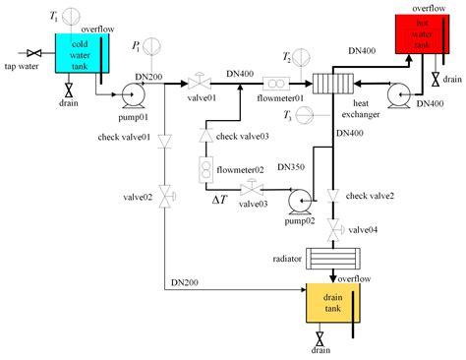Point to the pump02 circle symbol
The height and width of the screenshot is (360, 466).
(298, 200)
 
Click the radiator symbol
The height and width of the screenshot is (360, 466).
(335, 259)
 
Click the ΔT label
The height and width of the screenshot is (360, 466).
(221, 200)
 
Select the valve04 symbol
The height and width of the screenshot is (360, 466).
(335, 230)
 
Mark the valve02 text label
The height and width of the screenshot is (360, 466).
(139, 198)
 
